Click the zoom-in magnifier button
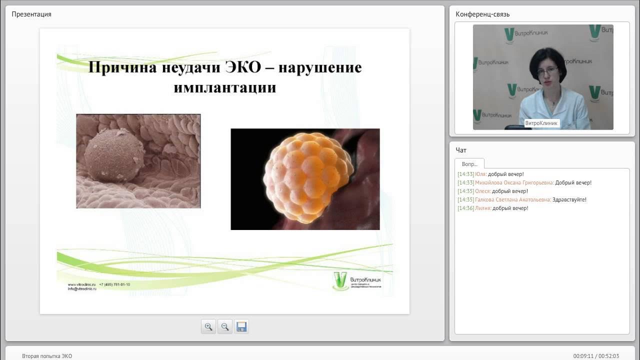point(208,327)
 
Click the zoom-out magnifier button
point(225,327)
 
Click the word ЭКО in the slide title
point(243,67)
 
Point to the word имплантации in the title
point(225,87)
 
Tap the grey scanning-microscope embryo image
point(138,161)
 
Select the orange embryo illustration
point(305,179)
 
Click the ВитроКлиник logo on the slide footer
point(357,281)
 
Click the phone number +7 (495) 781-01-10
point(114,284)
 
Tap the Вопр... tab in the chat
point(469,164)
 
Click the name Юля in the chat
point(480,174)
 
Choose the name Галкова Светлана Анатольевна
point(513,200)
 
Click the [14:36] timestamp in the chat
point(465,208)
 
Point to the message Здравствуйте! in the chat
point(569,200)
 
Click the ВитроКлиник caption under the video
point(541,123)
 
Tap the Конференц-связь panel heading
point(482,14)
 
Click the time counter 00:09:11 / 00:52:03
point(596,356)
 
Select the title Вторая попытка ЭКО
point(47,356)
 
